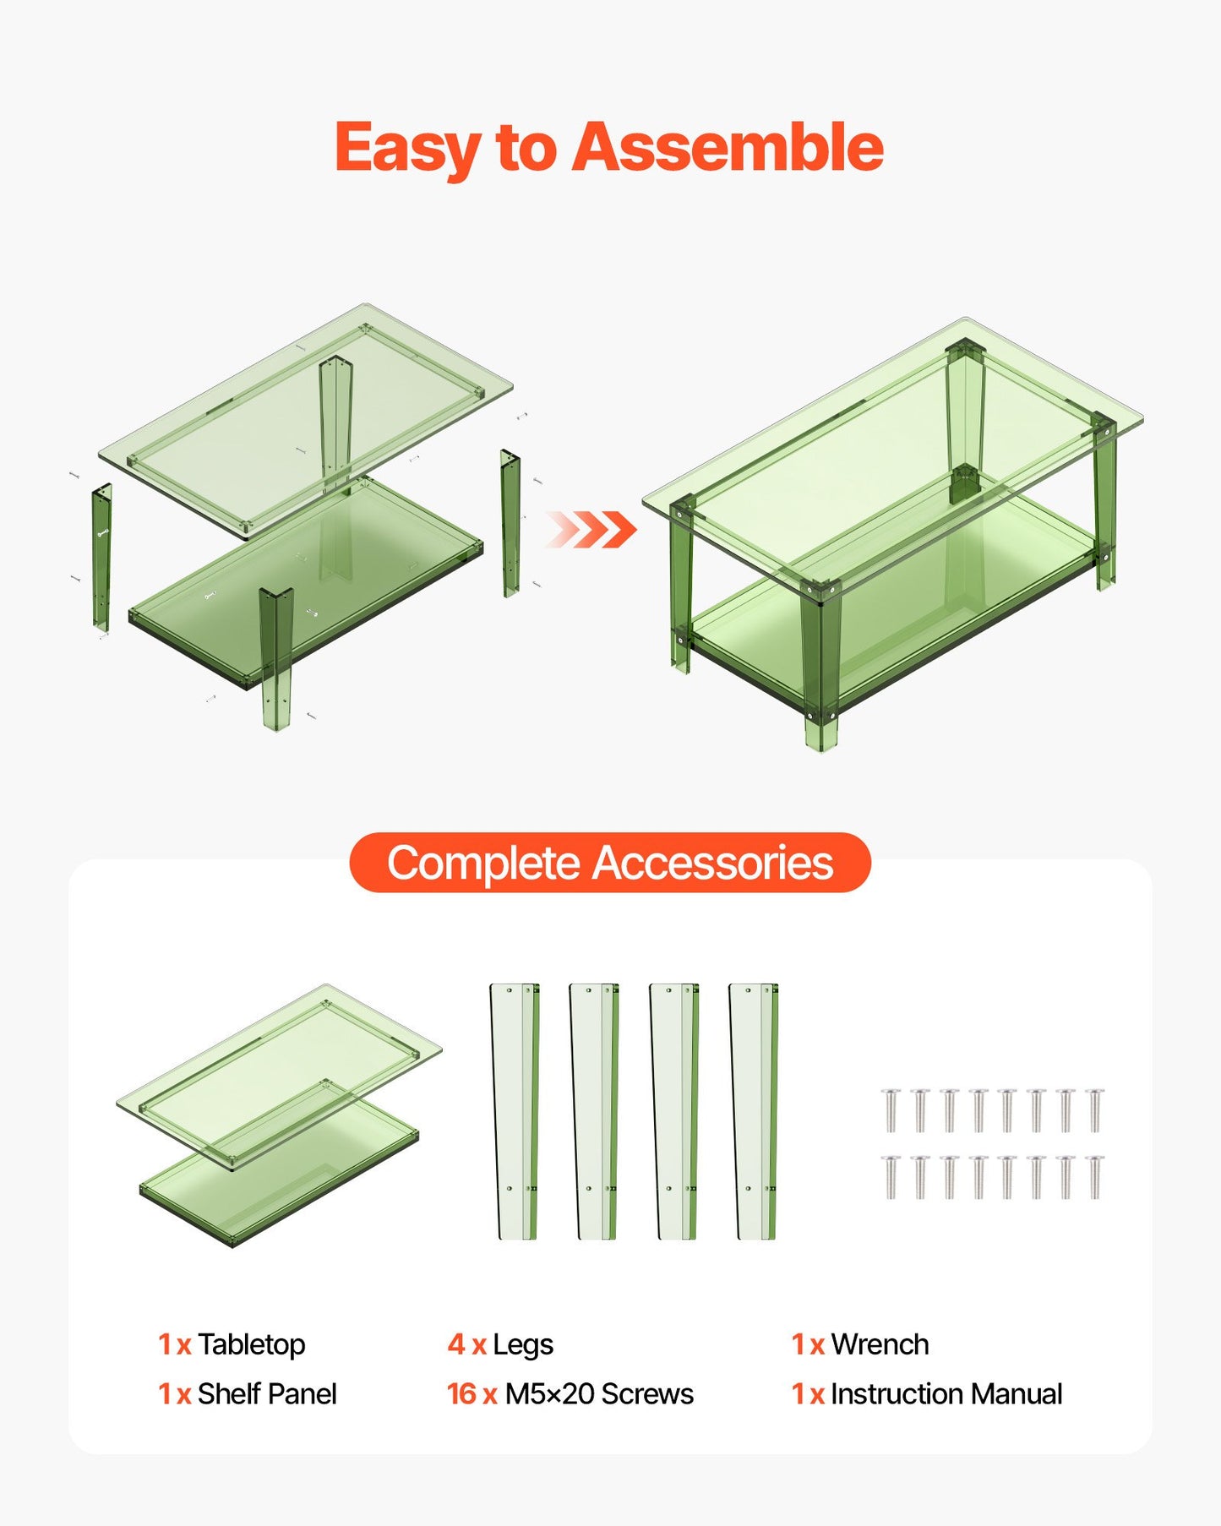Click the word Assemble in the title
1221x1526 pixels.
pos(728,148)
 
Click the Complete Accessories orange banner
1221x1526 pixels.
pos(609,863)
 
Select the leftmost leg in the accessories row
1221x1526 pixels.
pos(515,1111)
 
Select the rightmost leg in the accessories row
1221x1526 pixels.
pos(753,1111)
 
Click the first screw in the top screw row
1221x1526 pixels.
pos(891,1110)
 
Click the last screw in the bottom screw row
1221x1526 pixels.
pos(1094,1177)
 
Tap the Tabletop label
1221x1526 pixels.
pos(251,1344)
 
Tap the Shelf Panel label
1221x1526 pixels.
pos(266,1393)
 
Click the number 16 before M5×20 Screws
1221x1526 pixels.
pos(462,1393)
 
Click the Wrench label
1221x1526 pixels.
pos(879,1344)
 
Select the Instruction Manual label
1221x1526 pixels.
pos(946,1393)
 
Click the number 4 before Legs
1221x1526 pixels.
pos(456,1344)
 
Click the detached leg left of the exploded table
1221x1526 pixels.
pos(101,558)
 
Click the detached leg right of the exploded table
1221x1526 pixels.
pos(510,524)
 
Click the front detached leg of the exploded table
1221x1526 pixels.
pos(275,659)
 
